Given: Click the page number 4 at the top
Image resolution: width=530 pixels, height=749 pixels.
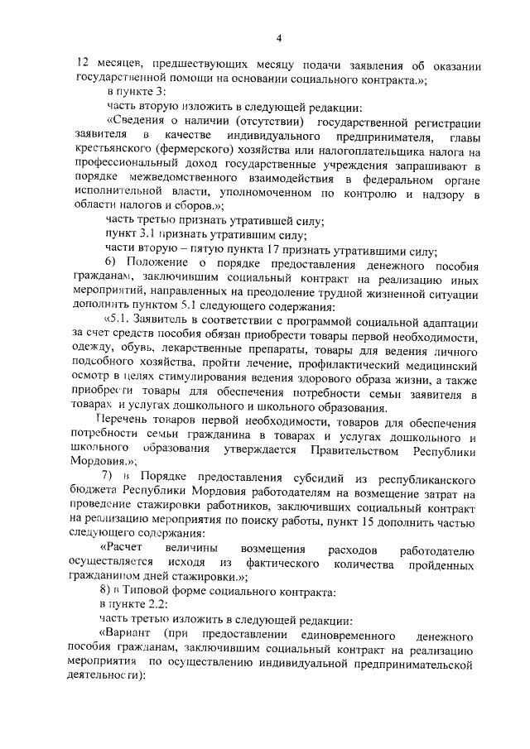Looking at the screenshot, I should tap(279, 38).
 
